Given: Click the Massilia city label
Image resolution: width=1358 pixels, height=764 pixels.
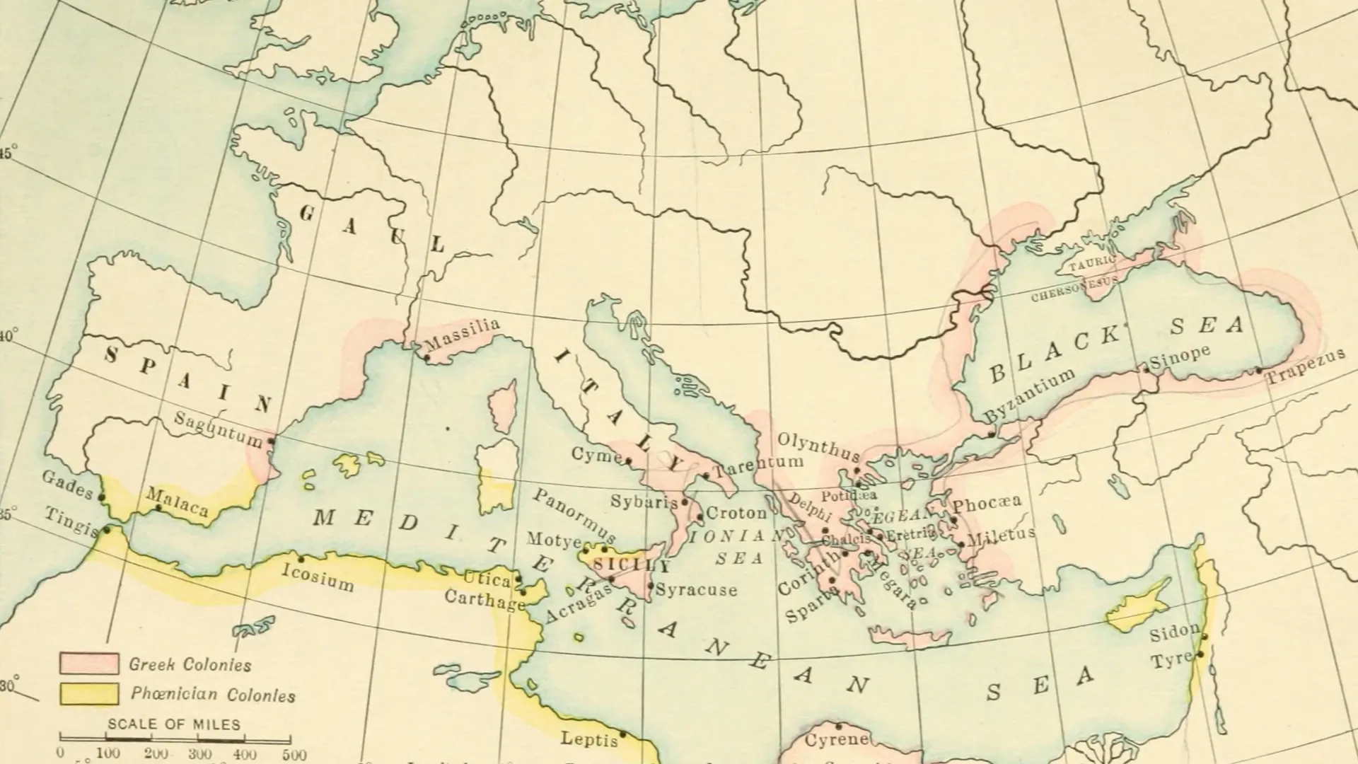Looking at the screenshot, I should coord(464,335).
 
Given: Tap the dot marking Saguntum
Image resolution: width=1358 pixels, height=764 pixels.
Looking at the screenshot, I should coord(270,441).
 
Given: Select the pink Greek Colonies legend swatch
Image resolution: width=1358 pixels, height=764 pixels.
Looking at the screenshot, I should coord(88,664).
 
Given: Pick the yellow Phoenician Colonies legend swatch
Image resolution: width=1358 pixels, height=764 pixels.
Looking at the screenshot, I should coord(88,694).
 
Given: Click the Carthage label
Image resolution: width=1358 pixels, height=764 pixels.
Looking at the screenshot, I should coord(484,598).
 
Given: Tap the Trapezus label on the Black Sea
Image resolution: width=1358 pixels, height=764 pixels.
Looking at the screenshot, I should coord(1305,366).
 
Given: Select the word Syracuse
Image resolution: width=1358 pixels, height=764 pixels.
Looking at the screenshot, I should coord(697,589).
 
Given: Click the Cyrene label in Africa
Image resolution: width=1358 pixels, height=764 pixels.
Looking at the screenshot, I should coord(837,740).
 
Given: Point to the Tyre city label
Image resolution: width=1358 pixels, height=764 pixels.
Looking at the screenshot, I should coord(1171,661).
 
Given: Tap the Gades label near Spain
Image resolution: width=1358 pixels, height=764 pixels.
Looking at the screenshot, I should coord(67,485).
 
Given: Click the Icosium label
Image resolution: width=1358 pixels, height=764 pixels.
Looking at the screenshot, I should coord(318,577).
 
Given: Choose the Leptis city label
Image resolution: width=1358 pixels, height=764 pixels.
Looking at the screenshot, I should coord(588,739).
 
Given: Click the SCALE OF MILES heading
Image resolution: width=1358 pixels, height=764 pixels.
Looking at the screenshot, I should coord(174,724).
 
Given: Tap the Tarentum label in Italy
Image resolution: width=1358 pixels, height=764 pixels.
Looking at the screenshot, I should coord(758,466).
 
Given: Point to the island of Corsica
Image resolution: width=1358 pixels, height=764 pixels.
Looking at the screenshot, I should coord(503,408).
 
